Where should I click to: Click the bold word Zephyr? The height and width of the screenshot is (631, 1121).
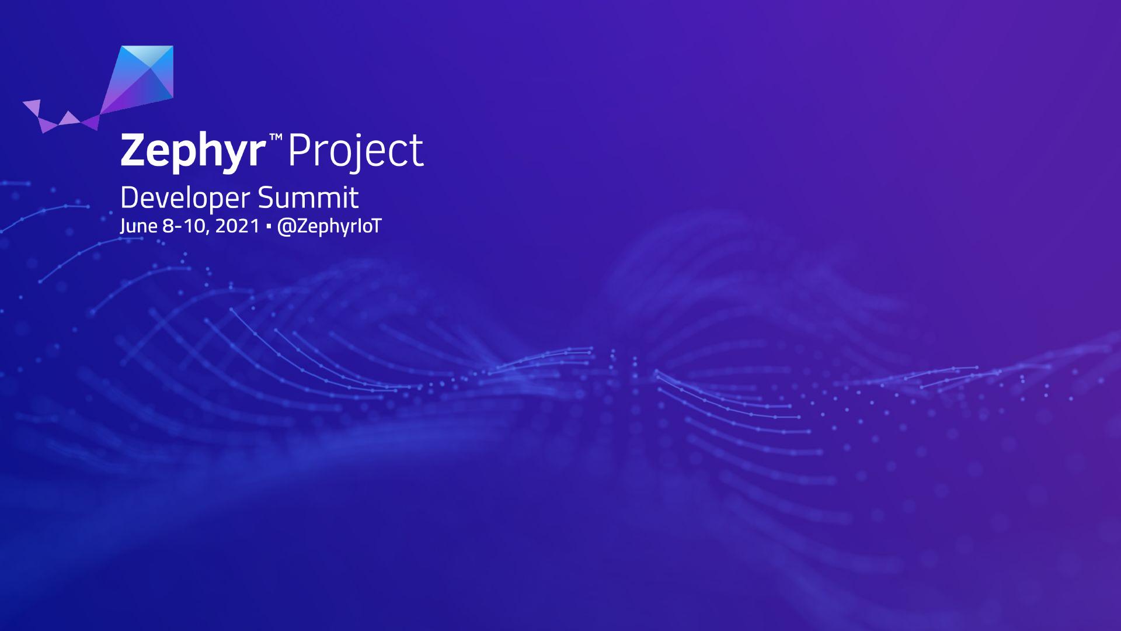pos(193,151)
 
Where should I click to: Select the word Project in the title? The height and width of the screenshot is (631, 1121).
pos(356,151)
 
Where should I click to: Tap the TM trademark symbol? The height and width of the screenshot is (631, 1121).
pos(276,137)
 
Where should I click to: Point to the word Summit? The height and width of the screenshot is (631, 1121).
pos(308,197)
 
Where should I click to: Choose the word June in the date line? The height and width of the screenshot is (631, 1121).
pos(138,227)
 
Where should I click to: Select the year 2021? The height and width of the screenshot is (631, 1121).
pos(237,226)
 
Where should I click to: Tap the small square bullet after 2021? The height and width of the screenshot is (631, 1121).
pos(268,226)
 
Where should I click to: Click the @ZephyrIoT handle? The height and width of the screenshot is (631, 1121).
pos(329,227)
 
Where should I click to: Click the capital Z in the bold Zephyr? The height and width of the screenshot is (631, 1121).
pos(134,150)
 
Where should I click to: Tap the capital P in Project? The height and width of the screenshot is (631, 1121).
pos(300,150)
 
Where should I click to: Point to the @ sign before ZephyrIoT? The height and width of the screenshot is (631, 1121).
pos(284,227)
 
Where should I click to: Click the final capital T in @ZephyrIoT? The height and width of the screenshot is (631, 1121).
pos(374,226)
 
